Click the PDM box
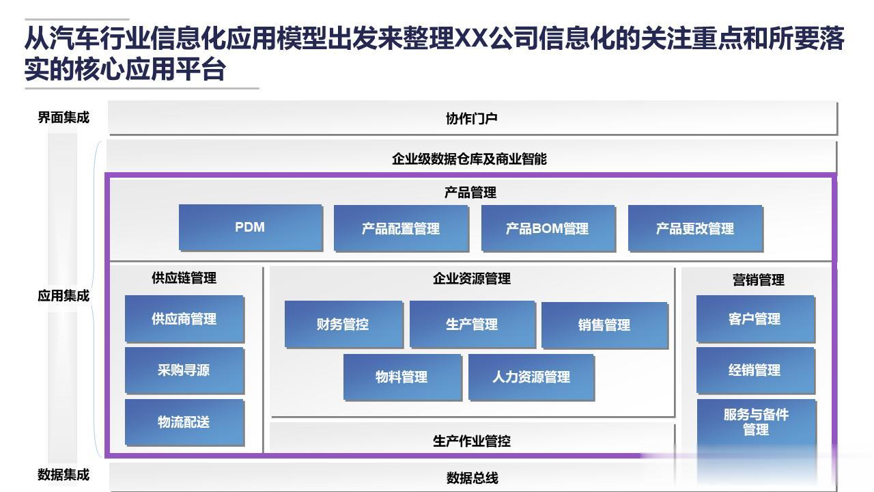(x=250, y=228)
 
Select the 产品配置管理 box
(x=401, y=228)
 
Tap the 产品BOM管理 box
(x=547, y=228)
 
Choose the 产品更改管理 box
(x=694, y=228)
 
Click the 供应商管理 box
(x=184, y=318)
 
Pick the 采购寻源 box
(x=184, y=370)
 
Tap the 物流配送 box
(x=184, y=422)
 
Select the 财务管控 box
(x=343, y=325)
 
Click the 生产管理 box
(x=472, y=325)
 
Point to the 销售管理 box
(x=604, y=325)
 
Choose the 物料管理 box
(x=401, y=377)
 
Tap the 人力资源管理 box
(x=531, y=377)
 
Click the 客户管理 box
(x=755, y=318)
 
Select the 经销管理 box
(x=755, y=370)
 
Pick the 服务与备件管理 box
(x=756, y=422)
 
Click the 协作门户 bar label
(x=472, y=118)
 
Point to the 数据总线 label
(x=472, y=478)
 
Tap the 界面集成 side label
(x=64, y=118)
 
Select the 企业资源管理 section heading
(x=472, y=279)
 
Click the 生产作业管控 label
(x=472, y=441)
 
